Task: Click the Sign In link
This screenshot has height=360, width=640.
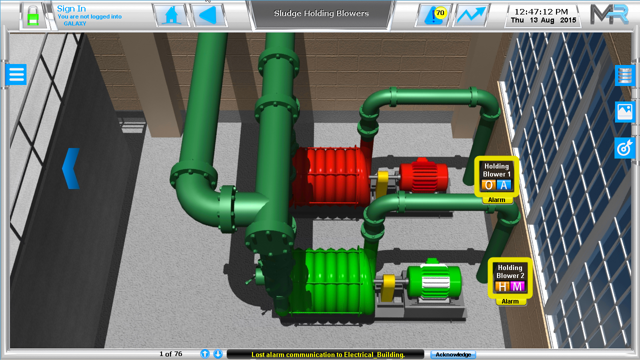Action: pyautogui.click(x=71, y=8)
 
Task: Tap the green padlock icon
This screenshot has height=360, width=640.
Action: pyautogui.click(x=32, y=15)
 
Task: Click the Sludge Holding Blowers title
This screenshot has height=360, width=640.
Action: pyautogui.click(x=321, y=13)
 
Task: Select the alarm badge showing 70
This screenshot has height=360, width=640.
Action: pyautogui.click(x=439, y=13)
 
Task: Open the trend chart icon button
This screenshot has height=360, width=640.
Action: pyautogui.click(x=470, y=15)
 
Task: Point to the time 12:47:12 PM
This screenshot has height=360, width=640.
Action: pyautogui.click(x=541, y=11)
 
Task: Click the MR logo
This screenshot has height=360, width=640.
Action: pyautogui.click(x=608, y=14)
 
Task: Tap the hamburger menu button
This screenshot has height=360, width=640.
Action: pyautogui.click(x=16, y=74)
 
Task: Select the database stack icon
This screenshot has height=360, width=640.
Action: pyautogui.click(x=625, y=75)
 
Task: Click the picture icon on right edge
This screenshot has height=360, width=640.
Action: pyautogui.click(x=625, y=111)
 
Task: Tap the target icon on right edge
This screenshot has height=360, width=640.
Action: pyautogui.click(x=625, y=148)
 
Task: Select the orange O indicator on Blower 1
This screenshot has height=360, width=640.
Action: pyautogui.click(x=488, y=185)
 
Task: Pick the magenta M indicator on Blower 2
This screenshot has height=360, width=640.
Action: pyautogui.click(x=517, y=287)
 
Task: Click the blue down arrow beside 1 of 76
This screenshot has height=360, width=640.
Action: pyautogui.click(x=218, y=354)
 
